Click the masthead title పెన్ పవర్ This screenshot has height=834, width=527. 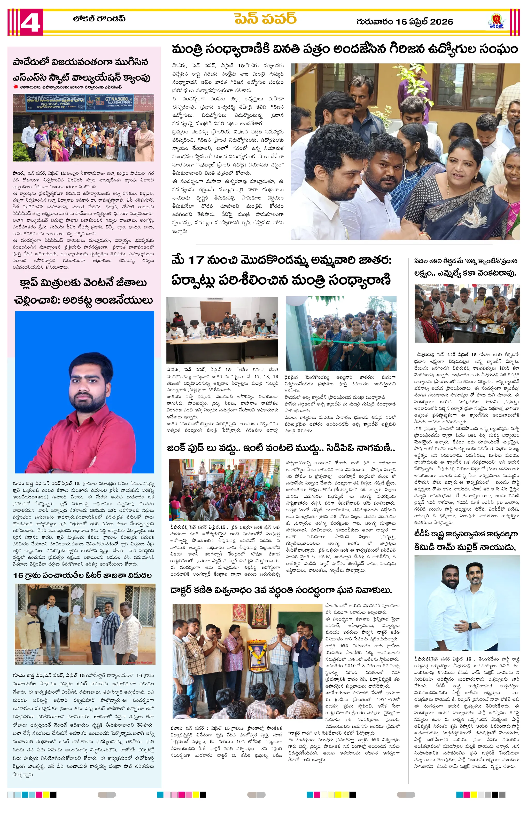point(265,19)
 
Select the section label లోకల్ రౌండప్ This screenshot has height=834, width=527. point(99,19)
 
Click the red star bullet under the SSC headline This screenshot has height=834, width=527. point(16,87)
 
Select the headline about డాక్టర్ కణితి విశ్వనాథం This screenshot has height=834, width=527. point(281,590)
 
